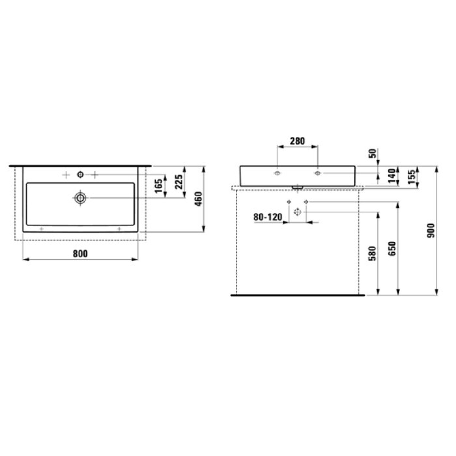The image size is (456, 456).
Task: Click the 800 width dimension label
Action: (80, 254)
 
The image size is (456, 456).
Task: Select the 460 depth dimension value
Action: (198, 199)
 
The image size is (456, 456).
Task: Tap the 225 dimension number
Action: (179, 182)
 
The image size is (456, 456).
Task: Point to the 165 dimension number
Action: (159, 186)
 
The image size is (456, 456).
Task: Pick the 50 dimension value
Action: (372, 153)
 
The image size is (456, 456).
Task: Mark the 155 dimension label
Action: (412, 177)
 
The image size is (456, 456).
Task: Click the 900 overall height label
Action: (430, 230)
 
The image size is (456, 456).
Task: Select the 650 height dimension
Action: (392, 249)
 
